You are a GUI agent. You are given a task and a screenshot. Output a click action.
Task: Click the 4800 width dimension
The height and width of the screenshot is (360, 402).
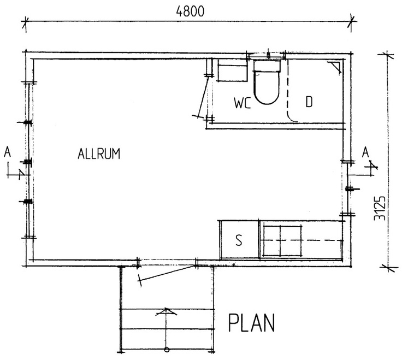click(x=190, y=11)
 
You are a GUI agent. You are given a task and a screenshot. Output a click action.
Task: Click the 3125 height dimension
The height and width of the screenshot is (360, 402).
click(x=380, y=208)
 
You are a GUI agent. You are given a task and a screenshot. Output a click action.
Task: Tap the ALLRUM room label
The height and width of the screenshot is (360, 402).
click(x=99, y=154)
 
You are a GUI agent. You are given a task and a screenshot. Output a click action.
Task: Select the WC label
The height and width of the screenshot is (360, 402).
click(x=243, y=103)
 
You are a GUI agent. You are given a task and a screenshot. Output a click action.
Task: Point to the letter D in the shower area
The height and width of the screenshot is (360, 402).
click(x=309, y=102)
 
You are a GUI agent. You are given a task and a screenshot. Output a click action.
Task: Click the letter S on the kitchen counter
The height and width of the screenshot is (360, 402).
click(x=239, y=240)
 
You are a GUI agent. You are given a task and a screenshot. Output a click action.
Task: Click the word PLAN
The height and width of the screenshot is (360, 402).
click(x=251, y=322)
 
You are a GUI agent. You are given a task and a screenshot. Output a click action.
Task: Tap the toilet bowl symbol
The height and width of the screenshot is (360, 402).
click(x=267, y=87)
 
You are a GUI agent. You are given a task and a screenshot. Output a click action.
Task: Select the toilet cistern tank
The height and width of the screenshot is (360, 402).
click(x=267, y=65)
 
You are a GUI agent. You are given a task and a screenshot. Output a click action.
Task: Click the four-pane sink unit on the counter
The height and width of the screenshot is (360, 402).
click(x=282, y=240)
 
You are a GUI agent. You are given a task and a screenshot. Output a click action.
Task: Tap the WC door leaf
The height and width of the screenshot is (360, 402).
click(x=203, y=96)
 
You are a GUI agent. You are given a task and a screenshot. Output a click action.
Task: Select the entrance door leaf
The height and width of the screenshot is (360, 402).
click(x=167, y=273)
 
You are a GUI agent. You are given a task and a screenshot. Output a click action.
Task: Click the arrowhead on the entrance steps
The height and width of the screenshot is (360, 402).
click(x=167, y=311)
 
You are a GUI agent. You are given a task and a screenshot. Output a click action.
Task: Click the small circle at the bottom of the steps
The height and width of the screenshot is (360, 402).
click(x=167, y=349)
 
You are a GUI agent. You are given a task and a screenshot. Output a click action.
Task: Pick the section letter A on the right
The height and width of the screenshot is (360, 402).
click(x=365, y=152)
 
